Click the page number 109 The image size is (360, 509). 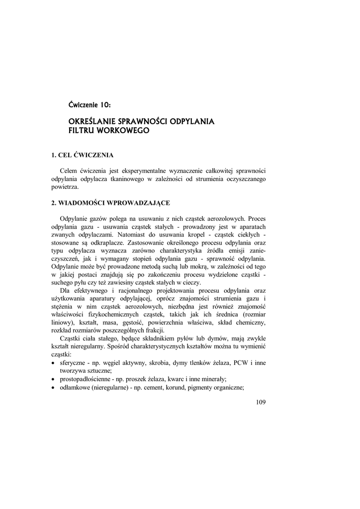[x=261, y=402]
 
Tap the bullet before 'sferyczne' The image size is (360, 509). [x=54, y=363]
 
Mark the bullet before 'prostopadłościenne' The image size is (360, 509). [x=54, y=379]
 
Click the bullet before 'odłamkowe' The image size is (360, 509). [x=54, y=388]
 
